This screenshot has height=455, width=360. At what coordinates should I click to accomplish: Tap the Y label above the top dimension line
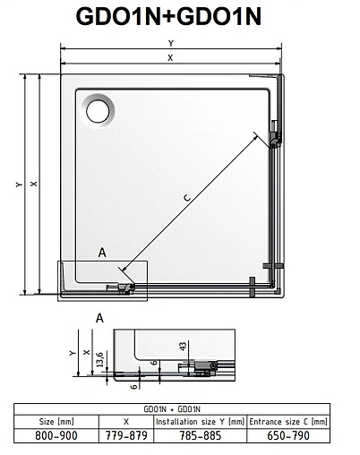171,43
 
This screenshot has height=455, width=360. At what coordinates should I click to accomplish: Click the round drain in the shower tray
98,110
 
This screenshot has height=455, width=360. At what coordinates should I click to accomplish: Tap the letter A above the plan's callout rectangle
102,253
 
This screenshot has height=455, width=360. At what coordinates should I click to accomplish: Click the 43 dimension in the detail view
182,346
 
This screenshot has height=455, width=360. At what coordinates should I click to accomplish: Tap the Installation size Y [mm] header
199,419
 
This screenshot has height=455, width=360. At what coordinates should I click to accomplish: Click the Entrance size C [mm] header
289,419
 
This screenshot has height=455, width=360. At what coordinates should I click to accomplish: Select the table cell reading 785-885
199,435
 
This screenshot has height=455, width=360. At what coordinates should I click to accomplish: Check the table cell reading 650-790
289,435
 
